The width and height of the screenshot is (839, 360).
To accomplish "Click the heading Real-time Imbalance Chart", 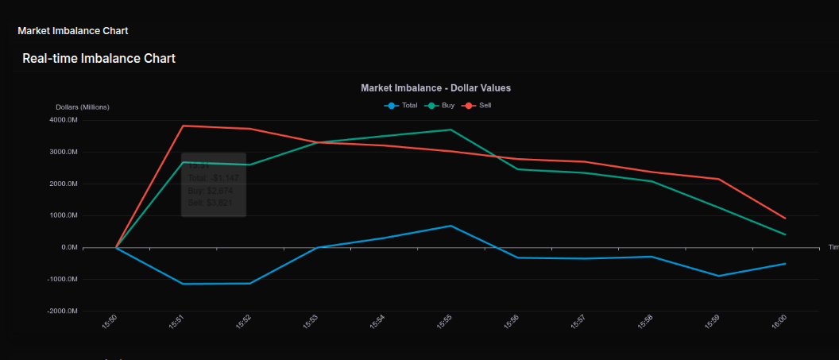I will pyautogui.click(x=99, y=58).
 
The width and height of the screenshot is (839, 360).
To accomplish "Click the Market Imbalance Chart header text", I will pyautogui.click(x=73, y=31).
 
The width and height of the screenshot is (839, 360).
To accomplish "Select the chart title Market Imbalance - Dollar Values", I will pyautogui.click(x=435, y=88).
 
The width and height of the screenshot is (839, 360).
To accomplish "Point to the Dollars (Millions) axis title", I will pyautogui.click(x=83, y=107).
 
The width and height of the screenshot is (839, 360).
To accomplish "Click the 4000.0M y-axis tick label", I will pyautogui.click(x=63, y=120).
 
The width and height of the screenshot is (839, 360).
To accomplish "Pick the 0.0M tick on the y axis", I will pyautogui.click(x=68, y=247).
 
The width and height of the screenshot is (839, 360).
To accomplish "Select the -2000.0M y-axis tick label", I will pyautogui.click(x=61, y=311).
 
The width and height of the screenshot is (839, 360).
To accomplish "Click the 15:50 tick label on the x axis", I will pyautogui.click(x=110, y=322).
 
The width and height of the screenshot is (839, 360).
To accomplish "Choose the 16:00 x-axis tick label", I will pyautogui.click(x=780, y=322).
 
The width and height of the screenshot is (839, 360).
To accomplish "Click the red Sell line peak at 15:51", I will pyautogui.click(x=183, y=126).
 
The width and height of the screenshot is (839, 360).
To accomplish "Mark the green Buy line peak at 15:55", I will pyautogui.click(x=450, y=130).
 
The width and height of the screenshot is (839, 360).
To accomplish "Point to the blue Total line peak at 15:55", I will pyautogui.click(x=450, y=226).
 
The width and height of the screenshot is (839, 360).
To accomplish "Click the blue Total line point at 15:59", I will pyautogui.click(x=718, y=276).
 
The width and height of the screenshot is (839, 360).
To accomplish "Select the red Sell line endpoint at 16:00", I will pyautogui.click(x=785, y=218).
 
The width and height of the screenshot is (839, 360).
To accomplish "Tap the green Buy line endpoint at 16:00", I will pyautogui.click(x=785, y=234).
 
